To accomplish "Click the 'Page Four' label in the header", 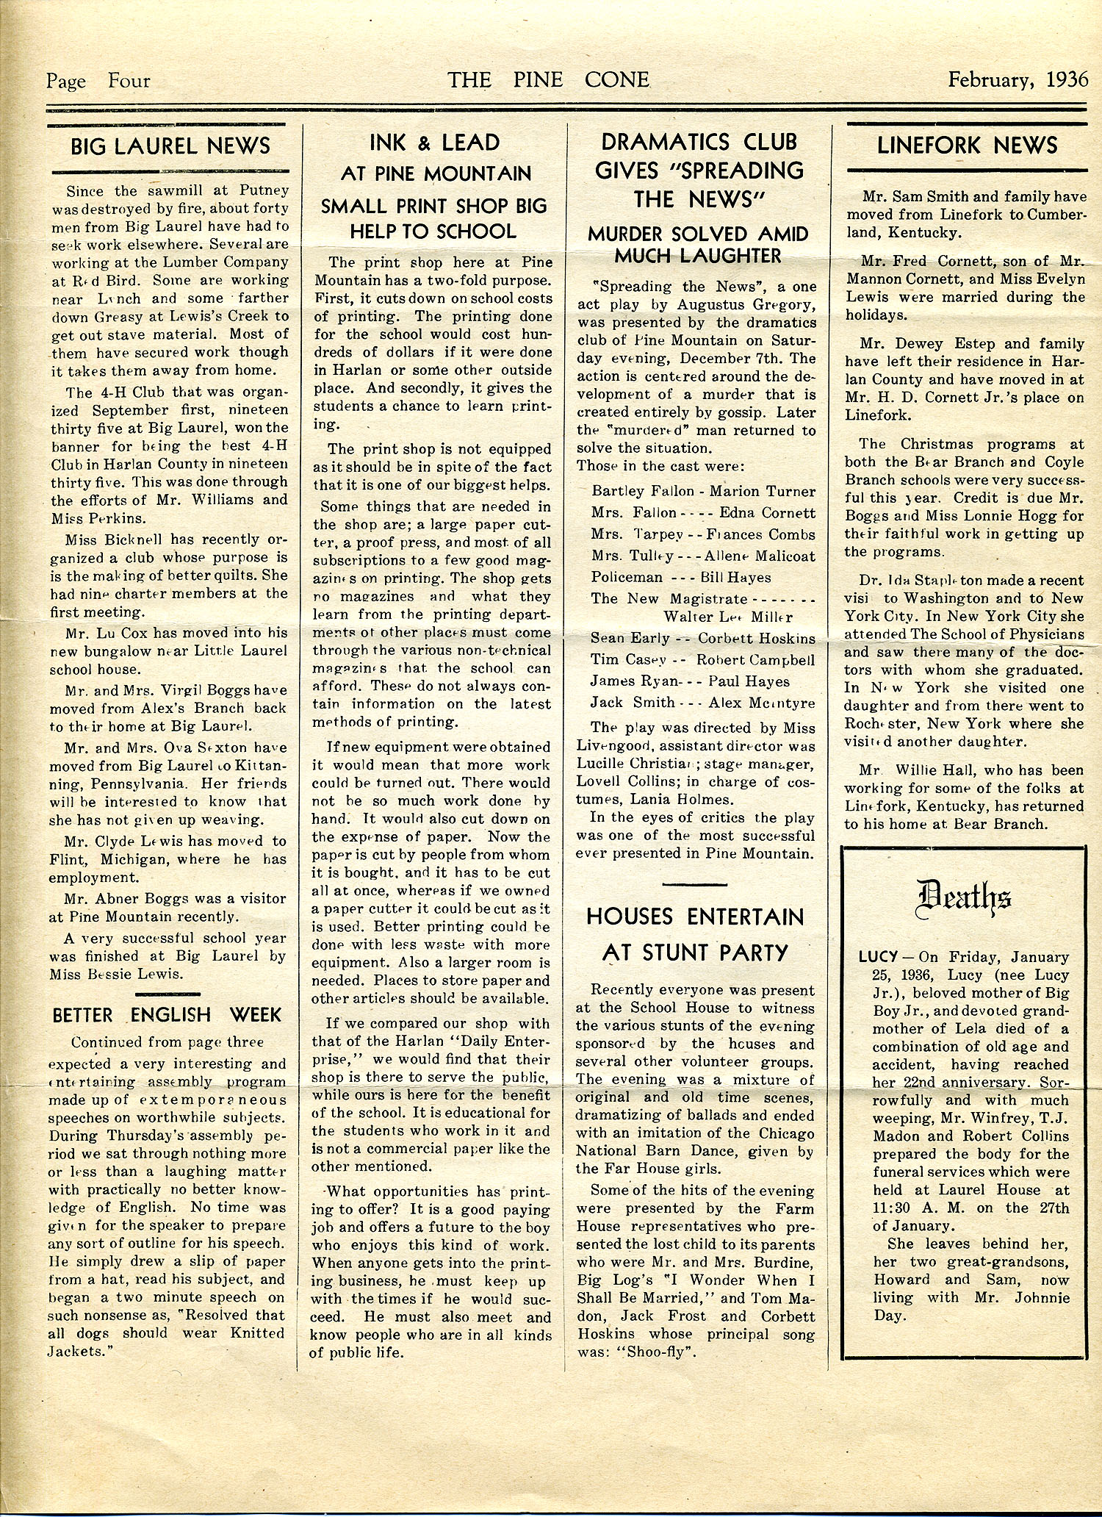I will point(98,81).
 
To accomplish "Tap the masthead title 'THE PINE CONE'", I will point(549,79).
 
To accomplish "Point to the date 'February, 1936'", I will point(1018,79).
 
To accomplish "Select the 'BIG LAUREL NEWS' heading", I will point(170,146).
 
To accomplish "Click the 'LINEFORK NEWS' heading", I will point(967,146).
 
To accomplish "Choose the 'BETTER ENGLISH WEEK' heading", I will point(168,1015).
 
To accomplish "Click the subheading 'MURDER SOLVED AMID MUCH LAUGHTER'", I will point(697,245).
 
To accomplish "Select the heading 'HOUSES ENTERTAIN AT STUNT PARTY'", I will point(695,934).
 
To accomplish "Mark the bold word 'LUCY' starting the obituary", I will point(878,958).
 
